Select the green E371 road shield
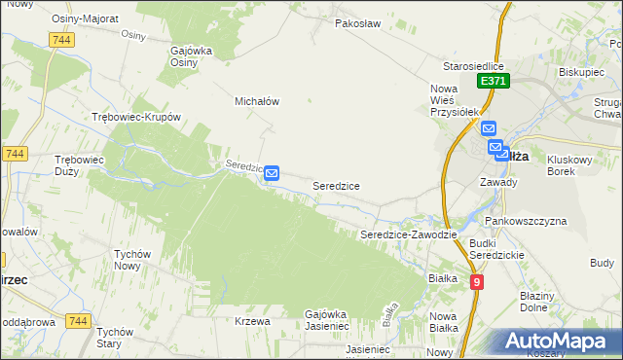(492, 83)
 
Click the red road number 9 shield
(476, 281)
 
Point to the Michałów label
(257, 100)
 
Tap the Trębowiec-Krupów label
(136, 117)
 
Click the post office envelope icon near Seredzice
(273, 173)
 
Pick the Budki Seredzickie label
(496, 249)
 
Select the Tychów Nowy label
(132, 260)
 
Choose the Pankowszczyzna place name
(526, 221)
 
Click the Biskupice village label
(582, 71)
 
